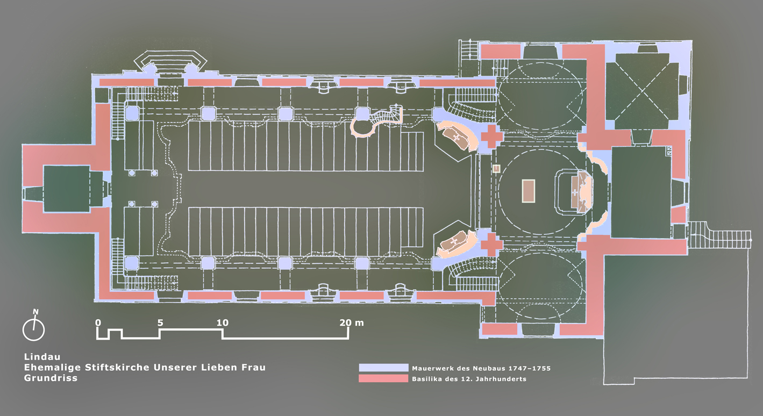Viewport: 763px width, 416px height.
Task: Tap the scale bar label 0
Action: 98,323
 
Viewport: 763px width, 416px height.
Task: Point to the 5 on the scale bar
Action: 160,323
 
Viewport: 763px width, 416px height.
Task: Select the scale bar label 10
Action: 223,323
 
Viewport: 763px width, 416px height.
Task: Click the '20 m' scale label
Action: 352,323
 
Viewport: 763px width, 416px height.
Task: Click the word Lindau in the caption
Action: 41,356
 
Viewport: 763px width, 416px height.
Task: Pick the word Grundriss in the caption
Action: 51,378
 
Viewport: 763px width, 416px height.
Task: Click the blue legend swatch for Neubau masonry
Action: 383,368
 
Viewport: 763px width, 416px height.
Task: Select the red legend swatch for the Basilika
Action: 383,379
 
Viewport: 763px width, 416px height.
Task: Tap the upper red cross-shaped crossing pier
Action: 491,137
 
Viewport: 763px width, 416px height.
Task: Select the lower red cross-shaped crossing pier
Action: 491,245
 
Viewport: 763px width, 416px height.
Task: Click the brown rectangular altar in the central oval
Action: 529,191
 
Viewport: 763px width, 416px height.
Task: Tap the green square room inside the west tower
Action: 66,189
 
